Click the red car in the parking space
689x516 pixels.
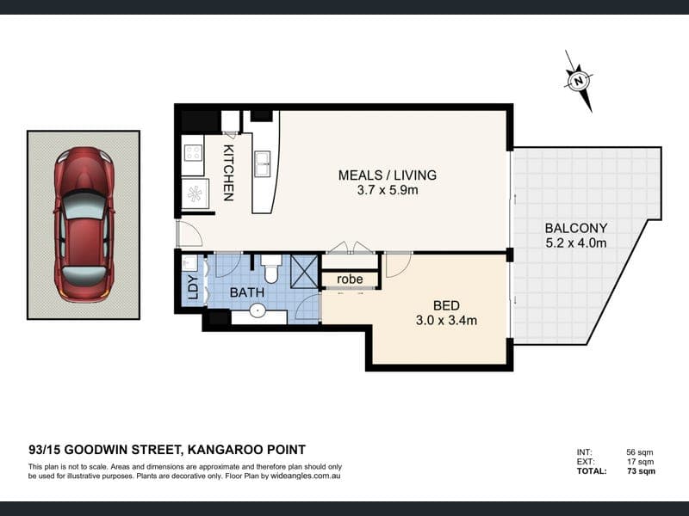pos(84,224)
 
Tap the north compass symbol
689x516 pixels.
pos(579,81)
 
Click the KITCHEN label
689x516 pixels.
pos(228,173)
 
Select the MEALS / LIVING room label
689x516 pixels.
pos(387,175)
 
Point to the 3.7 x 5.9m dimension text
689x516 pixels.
pos(387,190)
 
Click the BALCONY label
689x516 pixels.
pos(575,228)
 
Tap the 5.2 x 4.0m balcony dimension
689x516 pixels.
pos(575,243)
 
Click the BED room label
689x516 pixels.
pos(446,305)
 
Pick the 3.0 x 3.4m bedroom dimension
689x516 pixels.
pos(446,320)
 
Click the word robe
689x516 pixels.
pos(350,279)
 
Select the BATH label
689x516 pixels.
pos(247,292)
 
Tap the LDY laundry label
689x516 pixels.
pos(192,287)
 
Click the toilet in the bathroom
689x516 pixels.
pos(270,268)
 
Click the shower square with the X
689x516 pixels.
pos(304,271)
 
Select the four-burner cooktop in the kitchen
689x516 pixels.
pos(193,153)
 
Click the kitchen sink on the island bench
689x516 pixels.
pos(263,163)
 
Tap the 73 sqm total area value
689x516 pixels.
pos(641,471)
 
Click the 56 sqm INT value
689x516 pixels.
pos(640,452)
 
